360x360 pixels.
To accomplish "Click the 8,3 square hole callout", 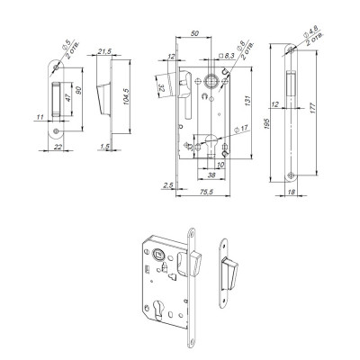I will pyautogui.click(x=229, y=56).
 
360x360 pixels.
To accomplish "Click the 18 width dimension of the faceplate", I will pyautogui.click(x=292, y=192).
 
